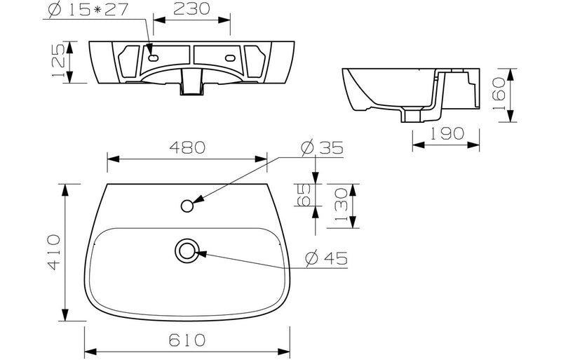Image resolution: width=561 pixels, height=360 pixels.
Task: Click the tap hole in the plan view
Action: [187, 206]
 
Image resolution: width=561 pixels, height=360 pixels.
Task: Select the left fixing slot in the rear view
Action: [152, 52]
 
